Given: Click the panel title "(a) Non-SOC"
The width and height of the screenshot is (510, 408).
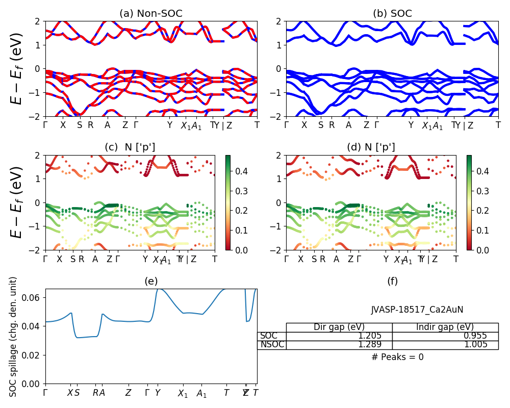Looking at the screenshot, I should pyautogui.click(x=151, y=14).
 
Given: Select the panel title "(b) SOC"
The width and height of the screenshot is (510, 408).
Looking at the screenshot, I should pyautogui.click(x=392, y=14).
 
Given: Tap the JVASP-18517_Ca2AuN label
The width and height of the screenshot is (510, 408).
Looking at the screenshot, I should pyautogui.click(x=417, y=310).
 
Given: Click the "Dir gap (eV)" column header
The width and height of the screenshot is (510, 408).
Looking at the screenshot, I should pyautogui.click(x=339, y=327).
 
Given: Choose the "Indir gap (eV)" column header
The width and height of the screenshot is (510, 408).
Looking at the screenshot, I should pyautogui.click(x=445, y=327).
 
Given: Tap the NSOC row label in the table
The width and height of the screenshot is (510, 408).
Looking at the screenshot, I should pyautogui.click(x=271, y=345).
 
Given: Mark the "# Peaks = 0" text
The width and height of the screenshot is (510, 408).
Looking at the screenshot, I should pyautogui.click(x=397, y=357).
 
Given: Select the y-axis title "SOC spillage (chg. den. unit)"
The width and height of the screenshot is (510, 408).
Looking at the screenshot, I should pyautogui.click(x=14, y=337).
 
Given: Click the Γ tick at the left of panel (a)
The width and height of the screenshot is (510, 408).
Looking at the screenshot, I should pyautogui.click(x=45, y=125).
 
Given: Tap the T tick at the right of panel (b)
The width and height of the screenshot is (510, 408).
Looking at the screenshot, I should pyautogui.click(x=498, y=125).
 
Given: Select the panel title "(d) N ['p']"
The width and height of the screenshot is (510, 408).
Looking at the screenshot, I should pyautogui.click(x=371, y=147).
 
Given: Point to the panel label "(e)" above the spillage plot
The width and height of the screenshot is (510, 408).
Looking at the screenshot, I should pyautogui.click(x=151, y=281).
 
